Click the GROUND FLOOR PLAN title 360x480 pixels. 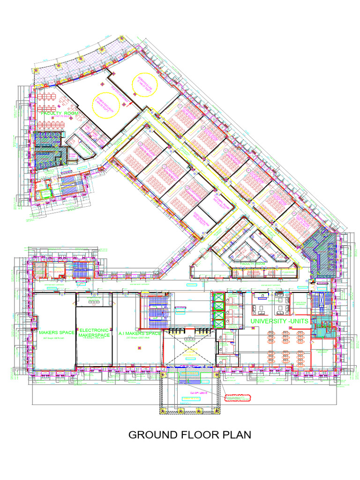[190, 435]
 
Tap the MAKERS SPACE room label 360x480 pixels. [53, 332]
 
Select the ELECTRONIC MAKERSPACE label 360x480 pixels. [94, 332]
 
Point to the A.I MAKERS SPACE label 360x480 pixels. [140, 333]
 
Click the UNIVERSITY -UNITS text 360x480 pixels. [279, 321]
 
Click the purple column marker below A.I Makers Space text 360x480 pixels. [139, 348]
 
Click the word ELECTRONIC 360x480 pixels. [94, 330]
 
